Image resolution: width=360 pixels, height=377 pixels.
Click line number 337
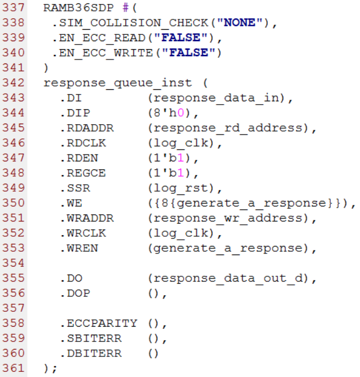[13, 9]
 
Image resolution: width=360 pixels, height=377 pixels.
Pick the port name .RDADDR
[82, 128]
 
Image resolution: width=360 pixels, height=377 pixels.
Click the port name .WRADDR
[82, 218]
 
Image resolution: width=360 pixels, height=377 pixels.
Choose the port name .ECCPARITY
[98, 323]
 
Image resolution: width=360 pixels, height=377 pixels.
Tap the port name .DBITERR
[92, 353]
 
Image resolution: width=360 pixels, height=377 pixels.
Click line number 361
[13, 368]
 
